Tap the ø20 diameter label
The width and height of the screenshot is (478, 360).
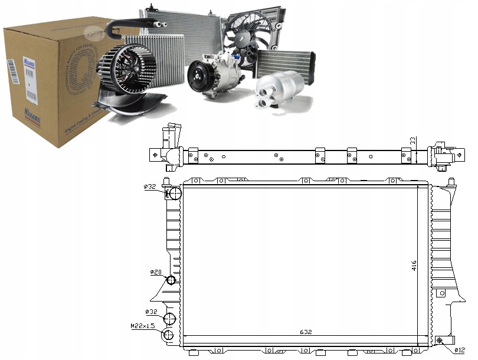(x=155, y=272)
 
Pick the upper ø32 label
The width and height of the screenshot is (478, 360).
(x=150, y=186)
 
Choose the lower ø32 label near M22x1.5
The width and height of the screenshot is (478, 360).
(x=152, y=311)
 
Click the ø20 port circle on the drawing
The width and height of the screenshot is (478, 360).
(x=171, y=280)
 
